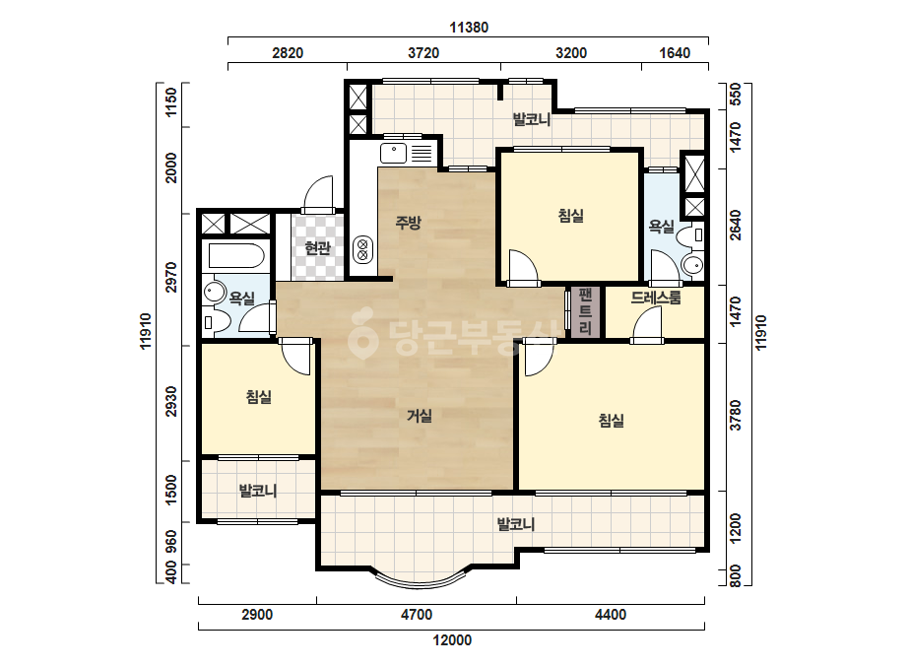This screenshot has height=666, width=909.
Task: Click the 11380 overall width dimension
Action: [x=469, y=28]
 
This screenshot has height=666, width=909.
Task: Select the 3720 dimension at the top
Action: [x=423, y=53]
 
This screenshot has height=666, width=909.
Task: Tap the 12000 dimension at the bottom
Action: [x=452, y=640]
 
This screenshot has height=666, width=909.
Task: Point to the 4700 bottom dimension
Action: [x=417, y=615]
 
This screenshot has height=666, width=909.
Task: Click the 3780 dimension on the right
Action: [x=735, y=415]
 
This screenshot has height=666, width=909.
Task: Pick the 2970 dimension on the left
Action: [x=170, y=277]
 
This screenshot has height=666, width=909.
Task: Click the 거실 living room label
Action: [x=419, y=416]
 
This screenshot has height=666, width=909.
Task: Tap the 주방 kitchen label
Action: [x=408, y=223]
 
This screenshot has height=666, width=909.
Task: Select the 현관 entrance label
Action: [x=318, y=248]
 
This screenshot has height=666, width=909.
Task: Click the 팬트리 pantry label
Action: [x=585, y=311]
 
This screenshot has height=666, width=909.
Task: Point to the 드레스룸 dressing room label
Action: [x=656, y=298]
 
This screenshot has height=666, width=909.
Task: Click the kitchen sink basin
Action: [x=394, y=154]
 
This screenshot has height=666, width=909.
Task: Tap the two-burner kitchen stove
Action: [x=362, y=249]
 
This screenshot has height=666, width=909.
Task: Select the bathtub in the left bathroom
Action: [x=236, y=256]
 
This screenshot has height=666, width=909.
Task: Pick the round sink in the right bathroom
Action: [x=691, y=265]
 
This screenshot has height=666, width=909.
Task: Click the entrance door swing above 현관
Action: [x=318, y=194]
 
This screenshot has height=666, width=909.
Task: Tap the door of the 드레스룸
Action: [x=647, y=324]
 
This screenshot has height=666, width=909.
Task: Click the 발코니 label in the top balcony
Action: [x=532, y=120]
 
